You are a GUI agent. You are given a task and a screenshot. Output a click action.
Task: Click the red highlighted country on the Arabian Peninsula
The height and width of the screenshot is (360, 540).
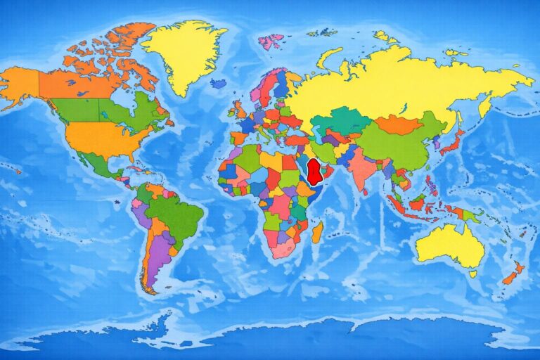coord(316,169)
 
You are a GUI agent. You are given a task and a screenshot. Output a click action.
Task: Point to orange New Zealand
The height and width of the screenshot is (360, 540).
coord(513,273)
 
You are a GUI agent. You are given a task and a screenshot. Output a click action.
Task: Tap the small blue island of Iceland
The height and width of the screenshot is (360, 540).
coord(218,83)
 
